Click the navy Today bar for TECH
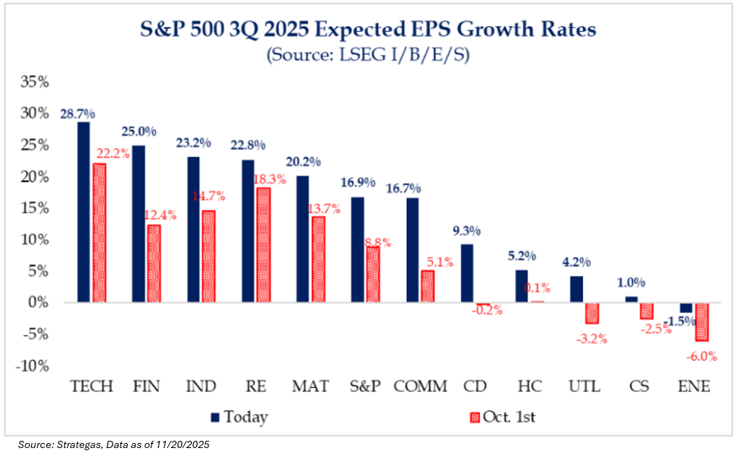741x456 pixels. (x=84, y=212)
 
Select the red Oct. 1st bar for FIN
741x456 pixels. (x=154, y=264)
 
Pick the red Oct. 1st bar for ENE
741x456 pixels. (x=701, y=322)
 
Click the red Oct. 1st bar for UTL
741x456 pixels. (x=592, y=313)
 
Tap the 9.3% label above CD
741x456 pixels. (x=467, y=231)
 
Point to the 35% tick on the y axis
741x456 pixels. (x=35, y=82)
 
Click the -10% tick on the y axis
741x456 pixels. (x=32, y=366)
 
